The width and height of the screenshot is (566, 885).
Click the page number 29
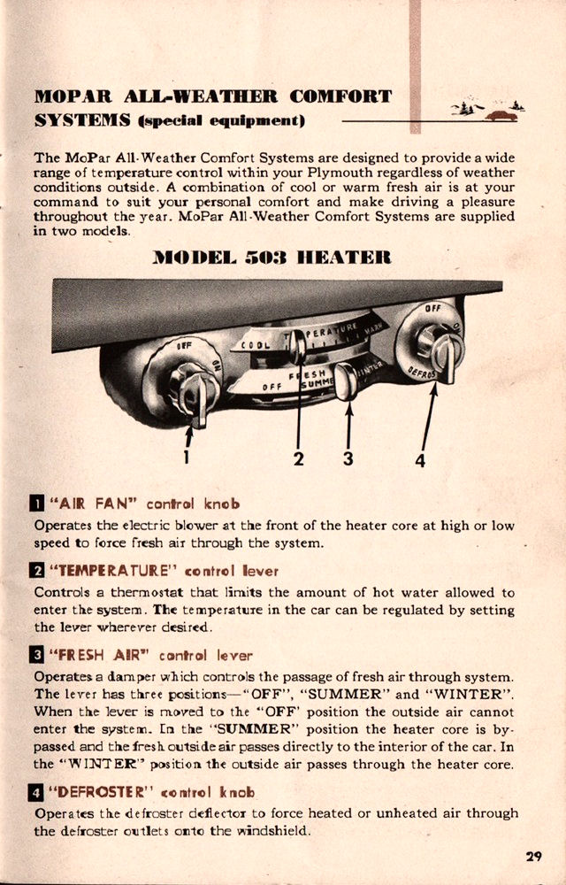[532, 856]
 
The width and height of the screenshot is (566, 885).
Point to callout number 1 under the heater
[187, 457]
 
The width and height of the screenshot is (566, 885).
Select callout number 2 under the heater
[299, 458]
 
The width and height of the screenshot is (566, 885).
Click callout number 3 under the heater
[348, 458]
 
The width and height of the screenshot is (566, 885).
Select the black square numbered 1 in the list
[38, 505]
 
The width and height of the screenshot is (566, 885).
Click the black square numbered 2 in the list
[38, 572]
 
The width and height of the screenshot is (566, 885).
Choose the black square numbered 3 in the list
[38, 656]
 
